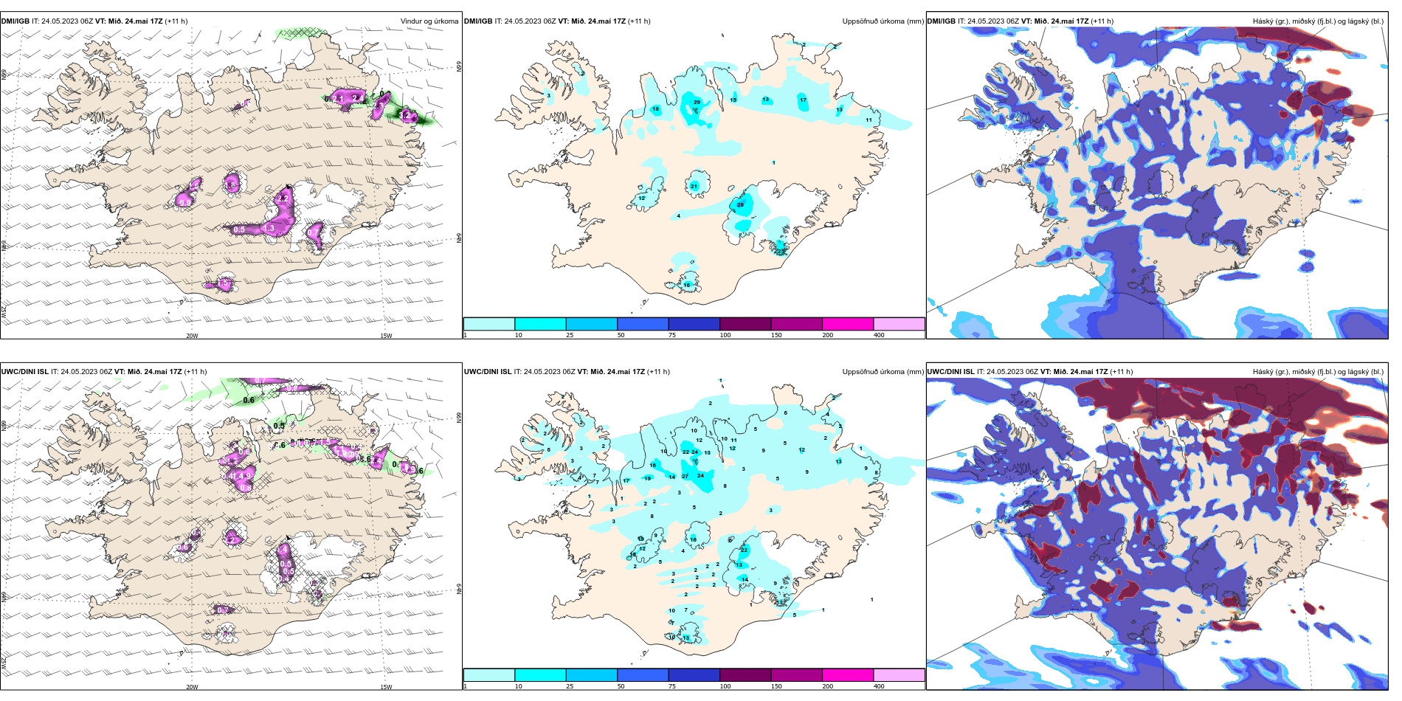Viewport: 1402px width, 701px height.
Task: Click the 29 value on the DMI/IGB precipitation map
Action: (697, 102)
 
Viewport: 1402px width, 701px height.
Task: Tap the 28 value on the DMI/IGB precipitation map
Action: (740, 204)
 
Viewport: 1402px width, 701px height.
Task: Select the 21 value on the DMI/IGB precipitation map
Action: (694, 187)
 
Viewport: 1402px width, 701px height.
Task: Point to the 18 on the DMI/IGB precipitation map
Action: (655, 109)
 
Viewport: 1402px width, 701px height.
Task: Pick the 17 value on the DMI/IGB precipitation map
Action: (803, 100)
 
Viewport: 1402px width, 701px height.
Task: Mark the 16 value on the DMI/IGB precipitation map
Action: (686, 285)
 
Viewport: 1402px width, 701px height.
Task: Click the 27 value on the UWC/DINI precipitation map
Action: (686, 477)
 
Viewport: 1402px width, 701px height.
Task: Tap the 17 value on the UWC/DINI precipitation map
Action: (626, 480)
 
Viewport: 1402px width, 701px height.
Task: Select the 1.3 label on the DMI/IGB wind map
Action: (269, 229)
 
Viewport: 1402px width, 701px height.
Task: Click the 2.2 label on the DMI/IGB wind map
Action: (283, 198)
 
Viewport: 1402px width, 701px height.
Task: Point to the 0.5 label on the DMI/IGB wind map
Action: (239, 229)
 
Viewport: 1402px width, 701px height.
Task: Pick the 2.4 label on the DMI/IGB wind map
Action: (358, 97)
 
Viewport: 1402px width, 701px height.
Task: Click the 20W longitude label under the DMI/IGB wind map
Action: (192, 336)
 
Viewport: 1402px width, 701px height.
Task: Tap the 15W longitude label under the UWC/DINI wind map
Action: (385, 687)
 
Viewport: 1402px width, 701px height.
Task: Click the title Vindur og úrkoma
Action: (429, 21)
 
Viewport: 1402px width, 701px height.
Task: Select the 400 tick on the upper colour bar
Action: (879, 335)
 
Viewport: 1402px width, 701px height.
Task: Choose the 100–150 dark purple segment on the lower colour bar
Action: (745, 674)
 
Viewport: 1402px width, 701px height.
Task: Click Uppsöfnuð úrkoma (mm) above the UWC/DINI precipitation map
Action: (883, 372)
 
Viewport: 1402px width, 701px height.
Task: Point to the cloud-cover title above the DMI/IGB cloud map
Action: (1318, 21)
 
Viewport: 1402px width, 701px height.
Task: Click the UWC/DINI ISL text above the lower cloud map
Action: (950, 372)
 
